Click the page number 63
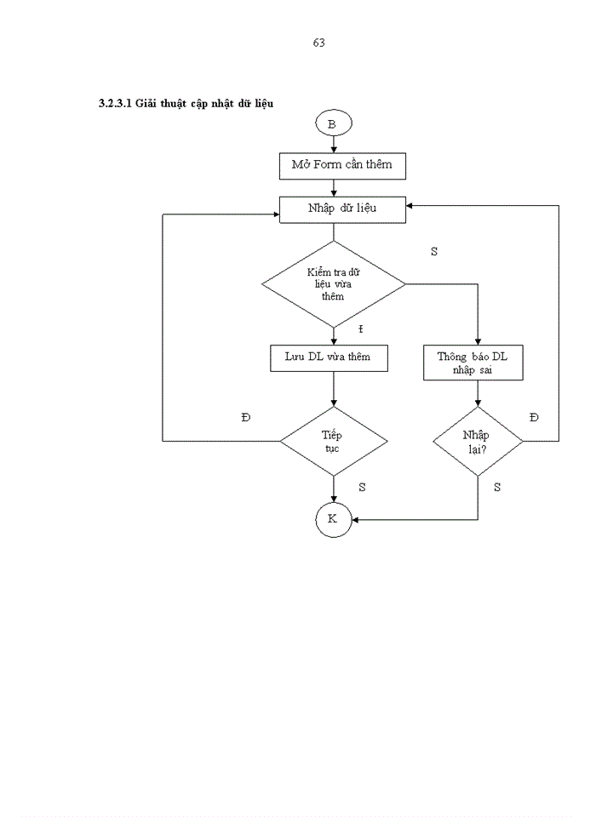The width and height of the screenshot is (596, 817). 319,43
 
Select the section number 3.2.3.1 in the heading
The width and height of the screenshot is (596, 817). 116,104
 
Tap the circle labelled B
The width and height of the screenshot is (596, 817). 332,124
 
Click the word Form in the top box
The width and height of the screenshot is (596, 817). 327,165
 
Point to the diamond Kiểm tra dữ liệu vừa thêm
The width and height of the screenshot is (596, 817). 333,284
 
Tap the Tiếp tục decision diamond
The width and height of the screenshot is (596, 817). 333,441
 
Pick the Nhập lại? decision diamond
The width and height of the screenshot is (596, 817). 478,441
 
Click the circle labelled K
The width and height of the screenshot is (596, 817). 332,519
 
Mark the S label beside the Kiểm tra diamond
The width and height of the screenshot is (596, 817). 434,252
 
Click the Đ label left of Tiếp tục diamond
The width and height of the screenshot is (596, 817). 246,417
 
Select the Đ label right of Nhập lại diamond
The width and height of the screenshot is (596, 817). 534,417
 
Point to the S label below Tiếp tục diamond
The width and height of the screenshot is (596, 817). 362,488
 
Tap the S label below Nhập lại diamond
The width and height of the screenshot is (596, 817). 497,488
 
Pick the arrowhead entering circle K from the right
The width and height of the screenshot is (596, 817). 354,519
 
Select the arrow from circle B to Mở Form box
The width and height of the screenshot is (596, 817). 332,145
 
